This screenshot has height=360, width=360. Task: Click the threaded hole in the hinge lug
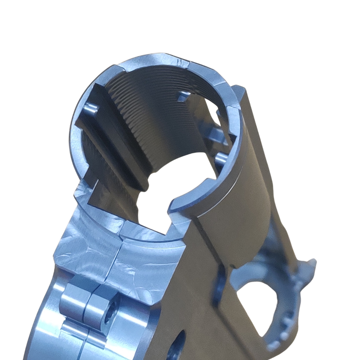(x=109, y=319)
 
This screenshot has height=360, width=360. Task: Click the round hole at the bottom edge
(x=178, y=346)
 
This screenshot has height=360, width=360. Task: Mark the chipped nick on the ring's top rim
(x=181, y=61)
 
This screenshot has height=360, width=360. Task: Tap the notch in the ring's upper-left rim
(x=116, y=70)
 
